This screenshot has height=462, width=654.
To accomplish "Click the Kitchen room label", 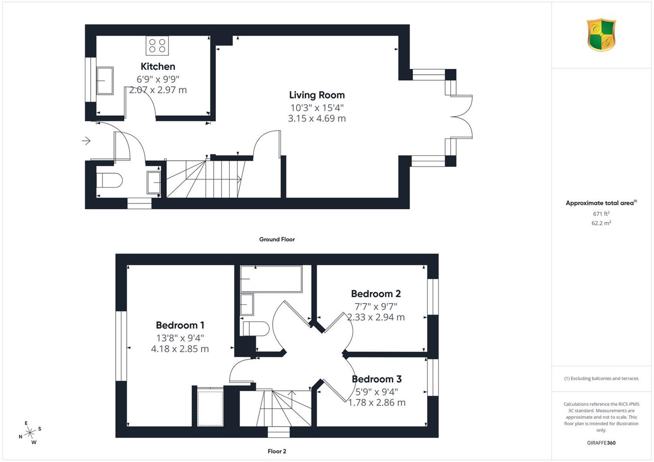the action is (x=158, y=67).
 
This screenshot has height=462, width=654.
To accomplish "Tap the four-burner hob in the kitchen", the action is (x=157, y=45).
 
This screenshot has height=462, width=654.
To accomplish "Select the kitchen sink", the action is (x=105, y=81).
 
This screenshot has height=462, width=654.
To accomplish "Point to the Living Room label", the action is (x=317, y=95).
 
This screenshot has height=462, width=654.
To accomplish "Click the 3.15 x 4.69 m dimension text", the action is (x=317, y=119).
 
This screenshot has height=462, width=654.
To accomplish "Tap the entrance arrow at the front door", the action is (x=86, y=141).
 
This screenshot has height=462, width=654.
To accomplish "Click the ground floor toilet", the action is (x=109, y=180).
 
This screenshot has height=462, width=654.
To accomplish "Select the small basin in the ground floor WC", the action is (x=153, y=183).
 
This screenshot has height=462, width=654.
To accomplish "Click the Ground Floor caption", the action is (x=277, y=239).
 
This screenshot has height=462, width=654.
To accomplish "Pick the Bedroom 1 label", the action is (x=180, y=325).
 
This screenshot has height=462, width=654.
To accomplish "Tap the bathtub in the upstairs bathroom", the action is (x=271, y=279).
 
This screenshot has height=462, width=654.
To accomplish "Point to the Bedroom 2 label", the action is (x=376, y=294).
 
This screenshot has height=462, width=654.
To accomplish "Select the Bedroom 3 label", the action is (x=377, y=379).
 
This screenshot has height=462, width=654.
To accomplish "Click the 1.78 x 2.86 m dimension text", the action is (x=377, y=403).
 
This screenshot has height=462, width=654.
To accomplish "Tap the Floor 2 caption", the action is (x=277, y=451).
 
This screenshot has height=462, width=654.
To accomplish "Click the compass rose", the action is (x=30, y=433).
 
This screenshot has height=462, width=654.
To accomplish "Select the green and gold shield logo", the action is (x=601, y=35).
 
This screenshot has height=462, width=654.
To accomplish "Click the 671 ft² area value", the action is (x=601, y=214).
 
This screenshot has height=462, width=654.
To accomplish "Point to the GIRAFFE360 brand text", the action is (x=601, y=443).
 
